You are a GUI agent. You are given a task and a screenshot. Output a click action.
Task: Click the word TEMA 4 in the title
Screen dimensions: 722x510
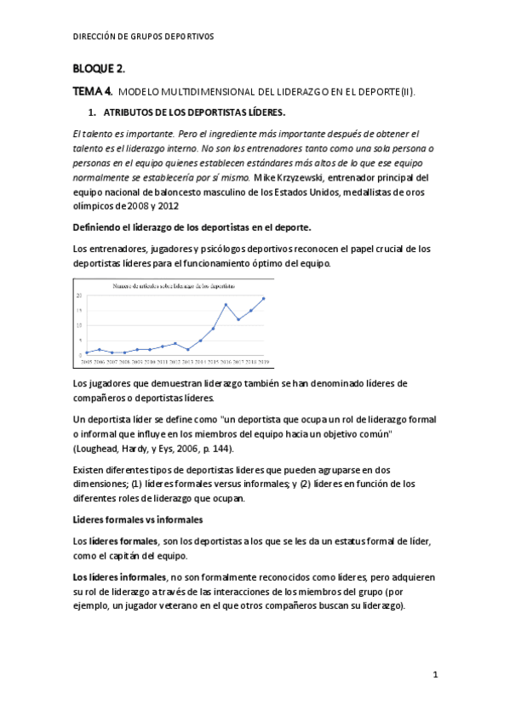point(92,91)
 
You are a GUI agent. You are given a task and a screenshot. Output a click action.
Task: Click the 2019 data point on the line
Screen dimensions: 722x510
point(263,299)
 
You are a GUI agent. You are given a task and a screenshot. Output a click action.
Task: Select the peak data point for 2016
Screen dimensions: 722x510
point(226,305)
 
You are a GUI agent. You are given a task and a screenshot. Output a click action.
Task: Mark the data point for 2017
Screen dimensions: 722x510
point(238,319)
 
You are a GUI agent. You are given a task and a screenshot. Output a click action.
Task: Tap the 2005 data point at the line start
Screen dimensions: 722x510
point(87,352)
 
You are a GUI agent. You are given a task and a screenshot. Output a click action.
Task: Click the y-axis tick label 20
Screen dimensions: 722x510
point(79,295)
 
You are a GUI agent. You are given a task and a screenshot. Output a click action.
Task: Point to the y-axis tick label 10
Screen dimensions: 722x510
point(79,325)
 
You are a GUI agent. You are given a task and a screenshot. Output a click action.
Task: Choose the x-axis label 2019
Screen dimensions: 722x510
point(263,361)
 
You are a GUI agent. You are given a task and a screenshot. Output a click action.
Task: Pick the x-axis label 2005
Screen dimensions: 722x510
point(87,361)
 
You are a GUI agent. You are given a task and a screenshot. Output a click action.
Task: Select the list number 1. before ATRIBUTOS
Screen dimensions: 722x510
point(93,112)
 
